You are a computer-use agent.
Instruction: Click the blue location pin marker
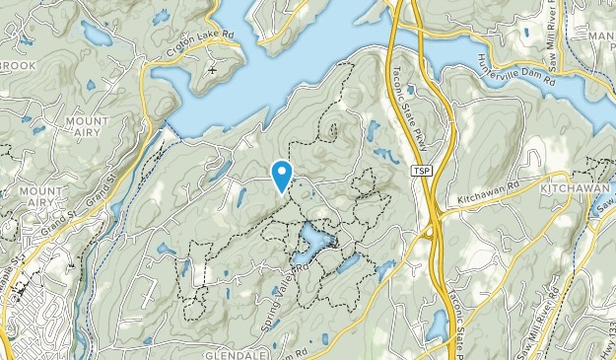(283, 175)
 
